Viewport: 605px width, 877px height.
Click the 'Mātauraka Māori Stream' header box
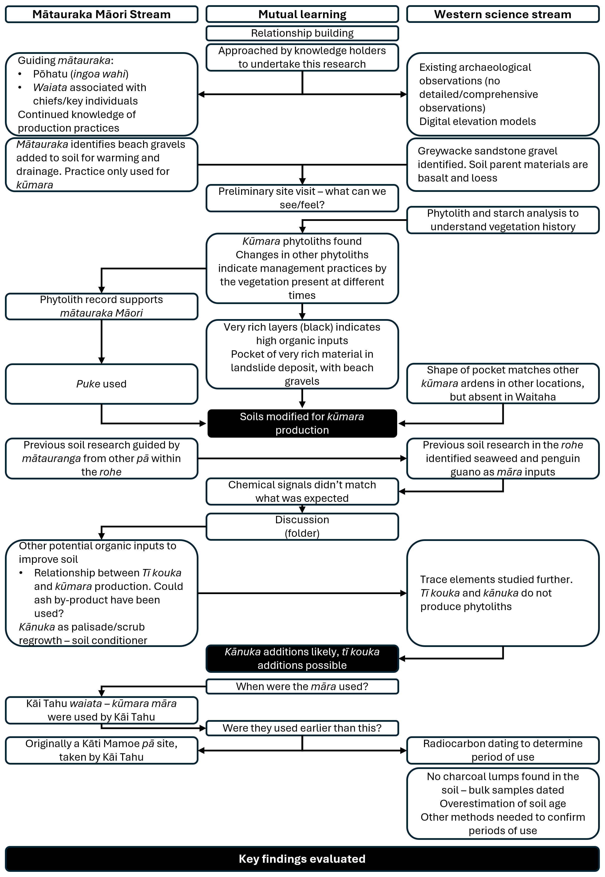102,14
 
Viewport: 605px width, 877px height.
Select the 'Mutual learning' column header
302,14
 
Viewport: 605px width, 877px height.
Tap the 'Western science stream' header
503,14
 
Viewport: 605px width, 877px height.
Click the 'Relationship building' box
302,33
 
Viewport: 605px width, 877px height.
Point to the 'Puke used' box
102,384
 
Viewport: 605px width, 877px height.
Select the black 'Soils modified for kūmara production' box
302,423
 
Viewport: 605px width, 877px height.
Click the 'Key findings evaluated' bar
302,859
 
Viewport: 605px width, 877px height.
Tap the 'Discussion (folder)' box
302,526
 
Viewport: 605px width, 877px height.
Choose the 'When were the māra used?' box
302,687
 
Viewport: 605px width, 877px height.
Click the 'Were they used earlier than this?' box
302,728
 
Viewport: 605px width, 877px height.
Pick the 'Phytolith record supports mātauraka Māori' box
102,306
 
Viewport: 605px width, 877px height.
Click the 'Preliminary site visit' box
302,198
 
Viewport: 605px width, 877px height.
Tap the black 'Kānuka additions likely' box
302,659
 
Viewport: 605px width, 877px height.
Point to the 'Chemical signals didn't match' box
302,492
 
